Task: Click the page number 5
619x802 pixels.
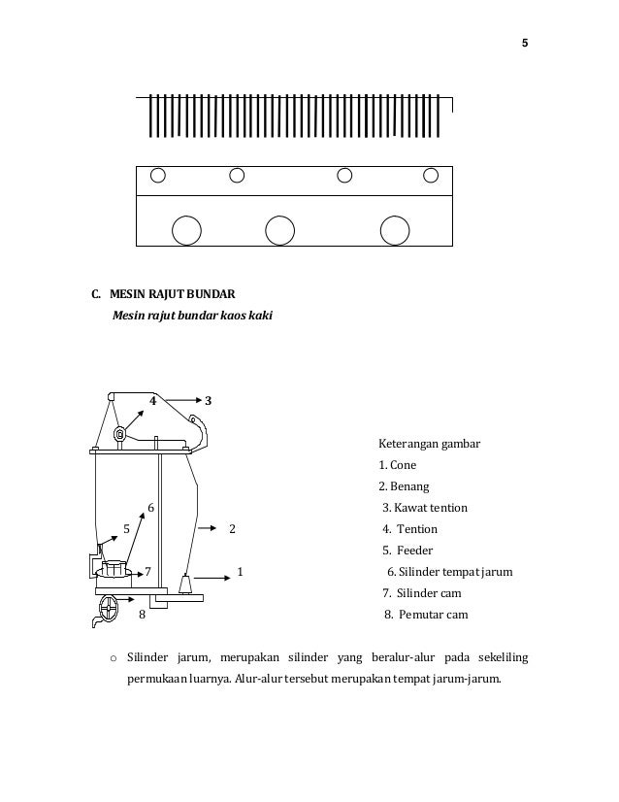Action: [525, 44]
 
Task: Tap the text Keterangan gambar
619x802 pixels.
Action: [428, 446]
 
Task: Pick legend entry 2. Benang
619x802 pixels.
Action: [403, 486]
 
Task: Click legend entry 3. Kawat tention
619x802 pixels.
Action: [425, 508]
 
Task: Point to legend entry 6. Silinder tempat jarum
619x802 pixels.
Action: [449, 572]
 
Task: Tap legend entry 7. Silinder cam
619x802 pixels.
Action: [423, 592]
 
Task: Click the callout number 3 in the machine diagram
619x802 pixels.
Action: [209, 400]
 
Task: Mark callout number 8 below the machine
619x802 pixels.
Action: [142, 614]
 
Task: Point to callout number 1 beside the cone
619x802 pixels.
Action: [240, 572]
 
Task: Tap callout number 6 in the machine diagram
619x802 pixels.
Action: [150, 507]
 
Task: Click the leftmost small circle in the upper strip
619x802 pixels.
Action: [158, 176]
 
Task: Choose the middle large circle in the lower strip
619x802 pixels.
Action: [279, 229]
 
